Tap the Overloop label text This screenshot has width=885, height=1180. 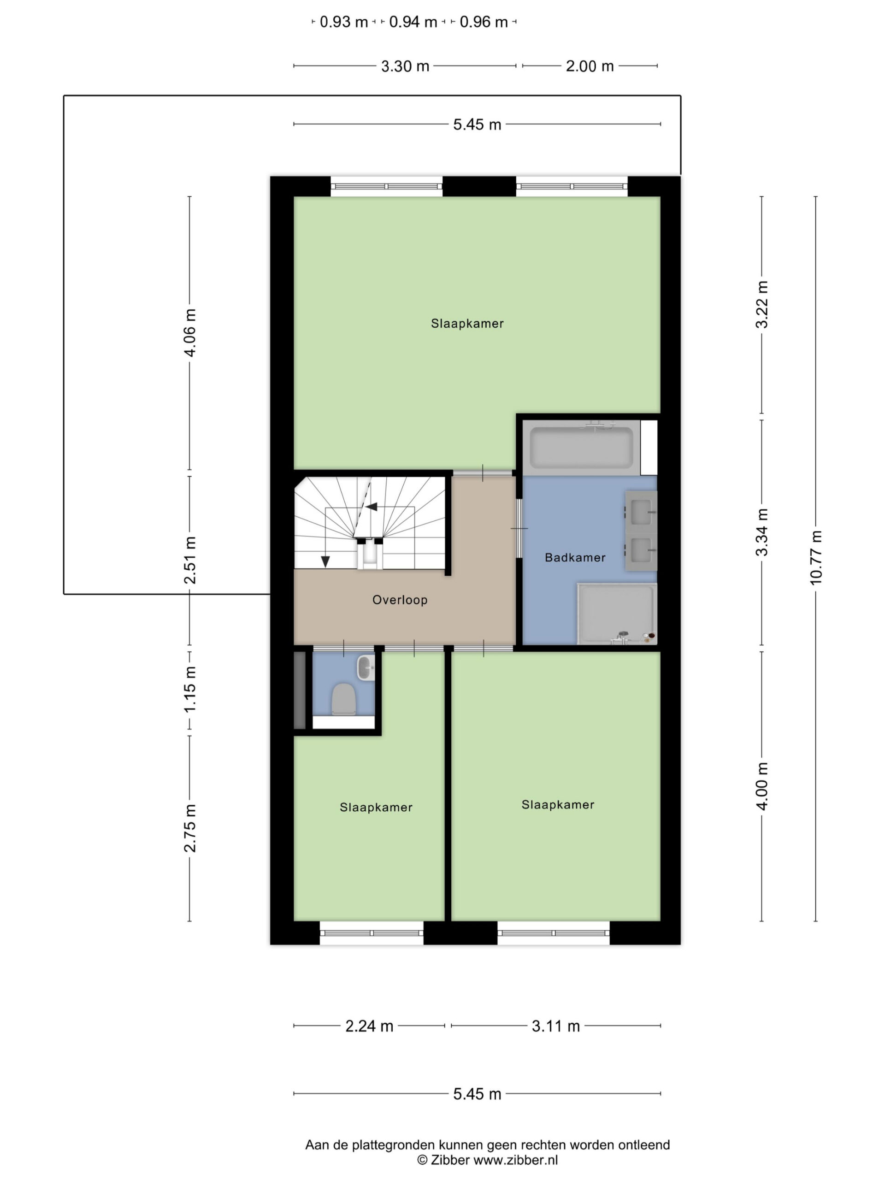[400, 600]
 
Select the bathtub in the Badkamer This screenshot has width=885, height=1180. [581, 448]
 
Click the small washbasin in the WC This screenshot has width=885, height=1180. [366, 668]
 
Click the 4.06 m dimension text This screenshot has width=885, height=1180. [190, 332]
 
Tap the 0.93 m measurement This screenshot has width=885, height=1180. [343, 22]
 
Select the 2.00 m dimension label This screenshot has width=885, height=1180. [590, 66]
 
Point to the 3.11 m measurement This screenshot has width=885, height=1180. [555, 1026]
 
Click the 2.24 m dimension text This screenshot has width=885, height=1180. [369, 1026]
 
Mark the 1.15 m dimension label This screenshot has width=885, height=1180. [190, 689]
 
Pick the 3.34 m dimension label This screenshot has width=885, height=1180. [762, 532]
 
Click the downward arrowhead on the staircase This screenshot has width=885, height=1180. [325, 561]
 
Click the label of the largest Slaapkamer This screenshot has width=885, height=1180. [467, 323]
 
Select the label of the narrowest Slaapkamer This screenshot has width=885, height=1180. [376, 807]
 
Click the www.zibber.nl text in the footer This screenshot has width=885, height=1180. [515, 1160]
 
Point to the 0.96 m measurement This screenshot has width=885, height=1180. [484, 22]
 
